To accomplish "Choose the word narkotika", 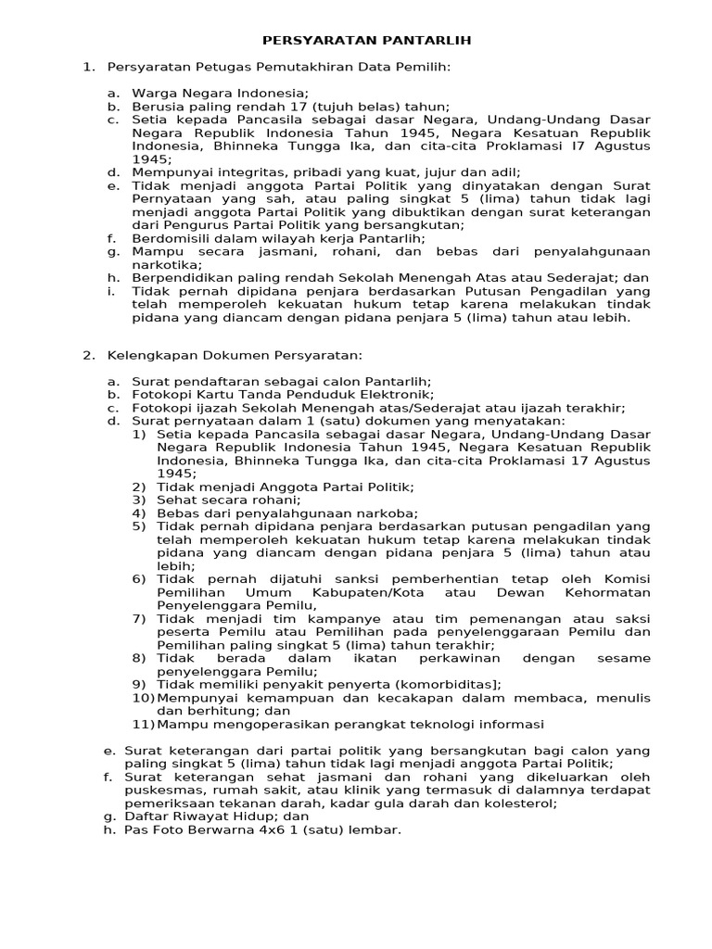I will click(x=163, y=264).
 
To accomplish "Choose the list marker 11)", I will click(x=142, y=724).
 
